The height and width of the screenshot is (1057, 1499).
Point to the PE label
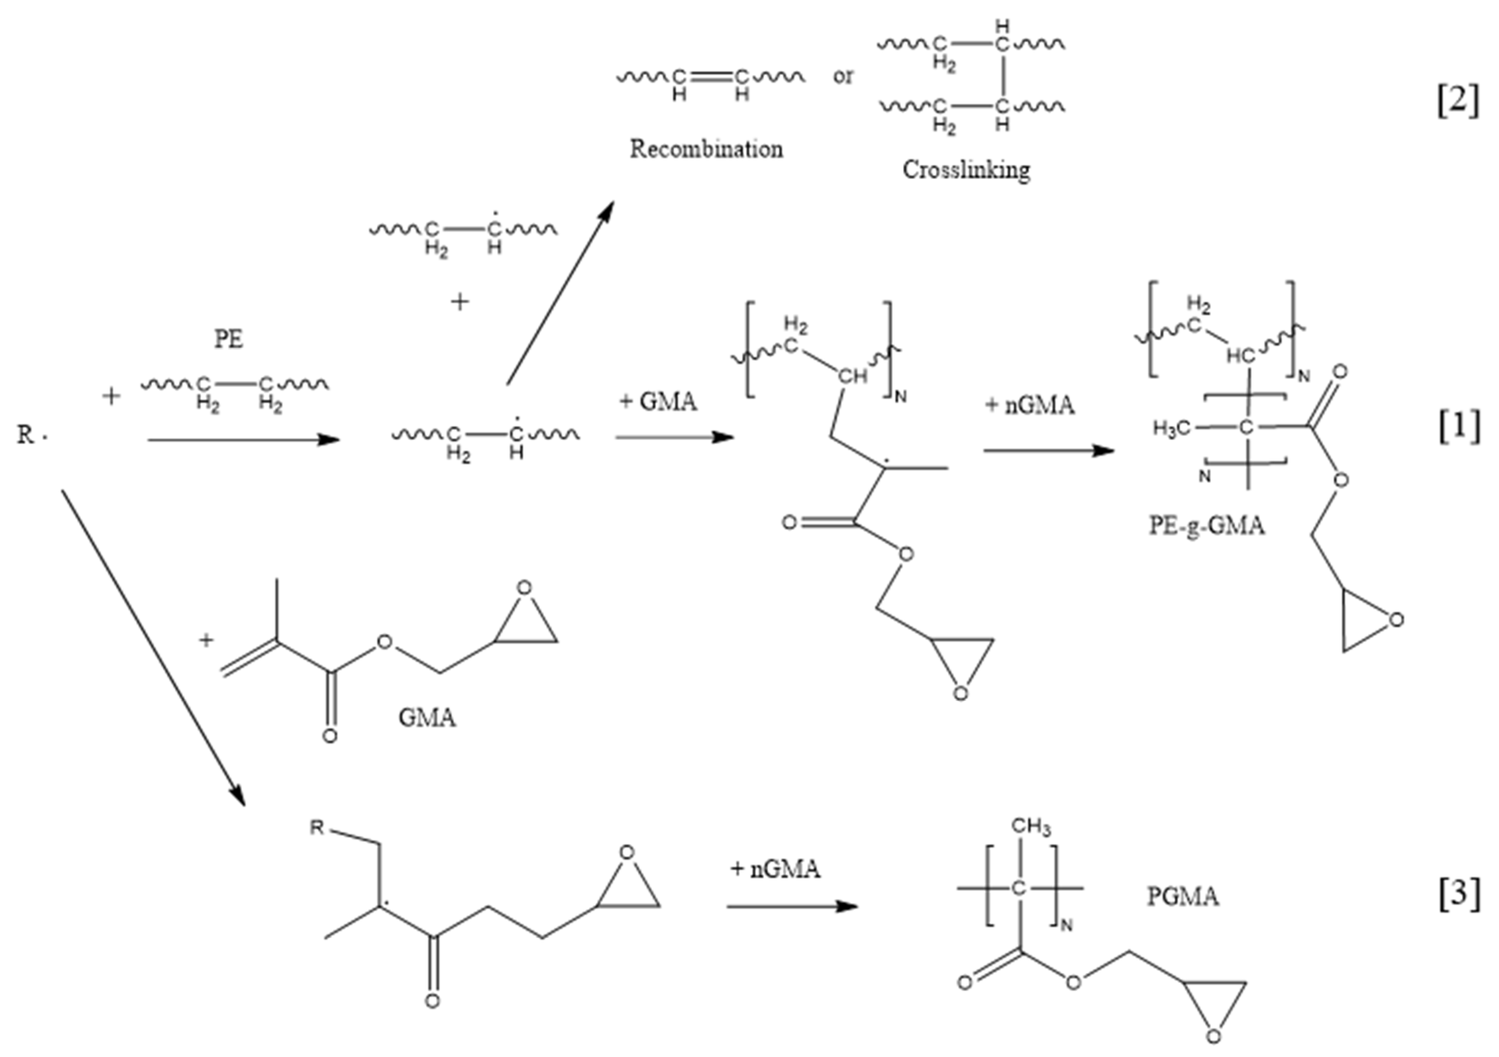229,340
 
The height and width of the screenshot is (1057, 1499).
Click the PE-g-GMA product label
1206,526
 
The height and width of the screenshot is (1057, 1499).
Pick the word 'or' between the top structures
843,76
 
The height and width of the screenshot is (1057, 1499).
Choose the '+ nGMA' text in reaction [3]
775,869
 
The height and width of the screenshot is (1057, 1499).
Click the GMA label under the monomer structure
427,718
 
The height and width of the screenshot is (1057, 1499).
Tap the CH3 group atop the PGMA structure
1031,827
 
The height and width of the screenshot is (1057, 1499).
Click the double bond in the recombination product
710,77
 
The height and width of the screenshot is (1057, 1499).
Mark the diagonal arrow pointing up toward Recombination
560,293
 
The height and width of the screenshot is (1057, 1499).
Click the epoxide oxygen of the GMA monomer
524,587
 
